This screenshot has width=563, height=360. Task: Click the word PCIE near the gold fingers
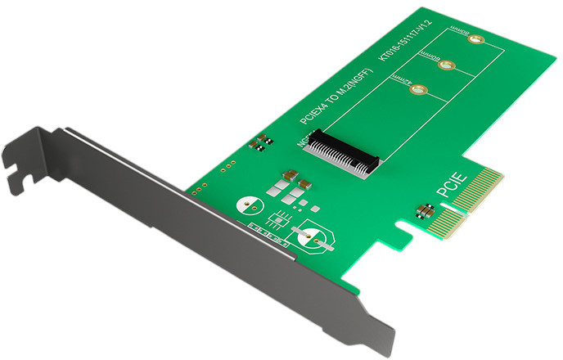point(452,182)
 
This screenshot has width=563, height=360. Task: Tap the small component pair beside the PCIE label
point(426,211)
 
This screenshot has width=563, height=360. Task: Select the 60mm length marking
point(427,56)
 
